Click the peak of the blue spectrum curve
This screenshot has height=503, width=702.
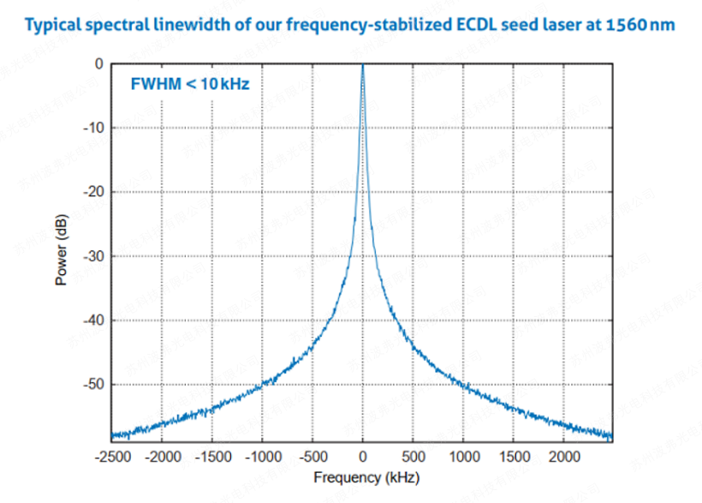point(363,67)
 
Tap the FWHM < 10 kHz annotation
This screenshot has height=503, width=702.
point(190,84)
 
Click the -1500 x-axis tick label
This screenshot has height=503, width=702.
point(212,455)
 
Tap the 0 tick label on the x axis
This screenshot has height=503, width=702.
point(363,455)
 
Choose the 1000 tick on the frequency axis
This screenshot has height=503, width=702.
point(463,455)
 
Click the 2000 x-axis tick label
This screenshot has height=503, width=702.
point(563,455)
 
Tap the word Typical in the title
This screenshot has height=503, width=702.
point(54,25)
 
